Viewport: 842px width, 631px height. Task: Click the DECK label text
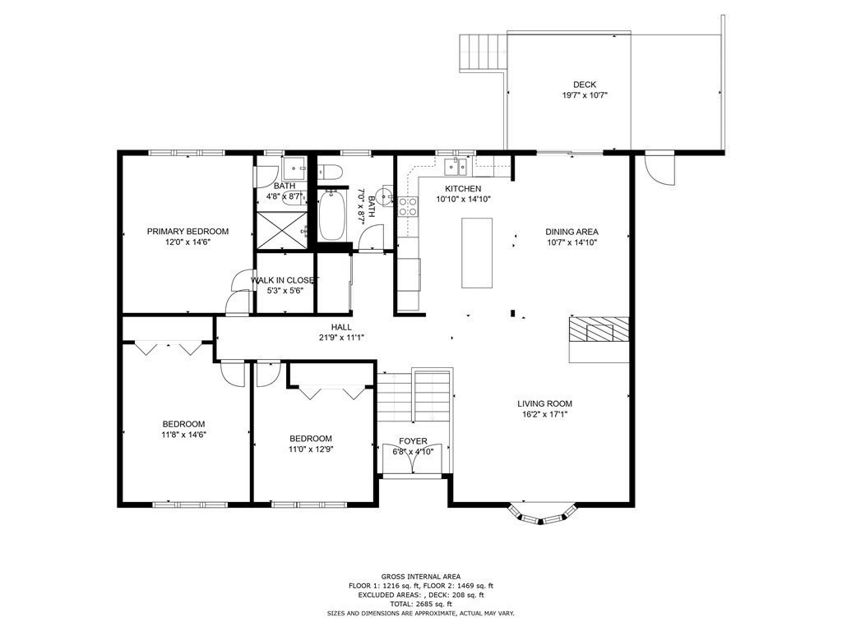click(x=585, y=85)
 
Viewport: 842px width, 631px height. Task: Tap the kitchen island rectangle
click(x=477, y=252)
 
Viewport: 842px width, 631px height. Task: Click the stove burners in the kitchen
click(x=408, y=205)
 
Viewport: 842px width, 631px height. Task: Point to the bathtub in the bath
click(x=332, y=215)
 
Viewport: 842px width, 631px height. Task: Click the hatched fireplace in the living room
click(x=599, y=329)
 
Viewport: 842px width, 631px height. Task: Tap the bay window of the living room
click(x=539, y=514)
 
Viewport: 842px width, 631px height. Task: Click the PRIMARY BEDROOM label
click(x=187, y=232)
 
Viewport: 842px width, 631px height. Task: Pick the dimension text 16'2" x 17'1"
click(x=544, y=414)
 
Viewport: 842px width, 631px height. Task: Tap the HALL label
click(x=341, y=327)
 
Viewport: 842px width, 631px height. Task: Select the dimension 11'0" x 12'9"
click(x=311, y=449)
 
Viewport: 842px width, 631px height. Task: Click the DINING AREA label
click(x=571, y=232)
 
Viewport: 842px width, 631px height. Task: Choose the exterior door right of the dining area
click(x=659, y=168)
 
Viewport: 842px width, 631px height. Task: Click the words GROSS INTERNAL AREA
click(x=420, y=577)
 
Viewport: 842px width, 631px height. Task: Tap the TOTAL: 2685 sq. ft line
click(x=420, y=604)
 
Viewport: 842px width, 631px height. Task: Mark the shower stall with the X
click(x=281, y=228)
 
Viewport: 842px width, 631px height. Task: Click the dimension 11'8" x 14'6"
click(x=183, y=435)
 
